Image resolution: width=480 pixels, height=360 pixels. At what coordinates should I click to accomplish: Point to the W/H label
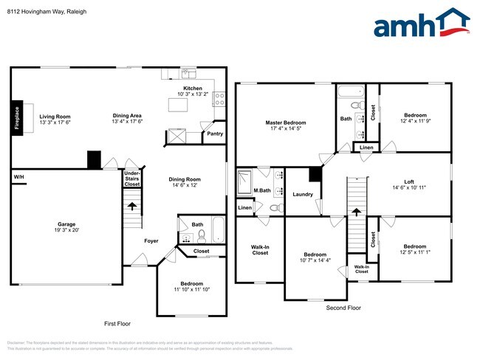pyautogui.click(x=18, y=178)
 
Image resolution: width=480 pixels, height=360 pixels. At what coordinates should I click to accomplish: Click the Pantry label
pyautogui.click(x=215, y=134)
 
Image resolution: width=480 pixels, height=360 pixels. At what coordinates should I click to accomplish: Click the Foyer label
pyautogui.click(x=151, y=240)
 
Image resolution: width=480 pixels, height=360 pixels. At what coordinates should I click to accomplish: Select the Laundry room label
pyautogui.click(x=303, y=195)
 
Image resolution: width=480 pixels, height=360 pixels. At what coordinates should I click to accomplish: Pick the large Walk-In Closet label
pyautogui.click(x=259, y=249)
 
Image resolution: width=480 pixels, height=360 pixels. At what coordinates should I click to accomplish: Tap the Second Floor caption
pyautogui.click(x=344, y=307)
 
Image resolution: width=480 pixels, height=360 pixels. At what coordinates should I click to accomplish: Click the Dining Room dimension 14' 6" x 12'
pyautogui.click(x=185, y=185)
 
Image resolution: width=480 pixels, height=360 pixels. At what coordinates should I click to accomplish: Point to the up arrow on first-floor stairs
pyautogui.click(x=133, y=207)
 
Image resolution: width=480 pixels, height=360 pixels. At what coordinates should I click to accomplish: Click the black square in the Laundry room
pyautogui.click(x=315, y=174)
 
